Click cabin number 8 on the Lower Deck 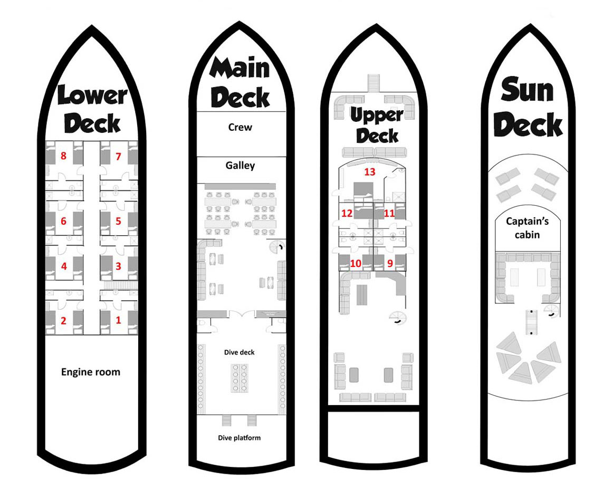(63, 156)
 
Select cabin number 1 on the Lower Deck (118, 320)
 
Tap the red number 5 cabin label (118, 221)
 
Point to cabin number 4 (64, 266)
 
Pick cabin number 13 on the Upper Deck (370, 172)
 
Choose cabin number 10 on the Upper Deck (356, 263)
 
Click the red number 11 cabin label (389, 213)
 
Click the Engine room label (91, 372)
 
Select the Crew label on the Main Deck (240, 127)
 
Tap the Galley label (240, 165)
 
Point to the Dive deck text (239, 352)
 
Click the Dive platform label (239, 437)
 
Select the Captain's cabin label (527, 227)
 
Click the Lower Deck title (92, 110)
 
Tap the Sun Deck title (528, 107)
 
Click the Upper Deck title (377, 125)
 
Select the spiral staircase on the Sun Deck (552, 311)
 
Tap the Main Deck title (240, 82)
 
